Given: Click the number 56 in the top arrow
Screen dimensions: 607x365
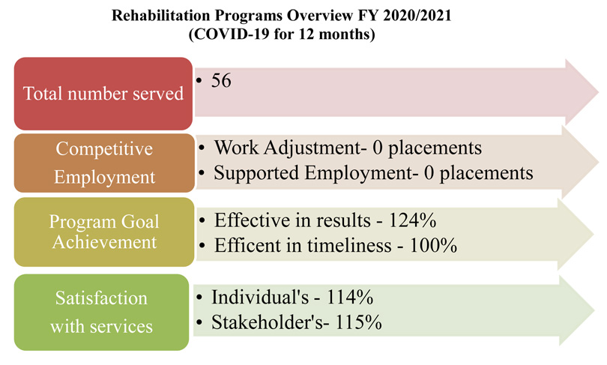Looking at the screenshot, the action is pos(221,80).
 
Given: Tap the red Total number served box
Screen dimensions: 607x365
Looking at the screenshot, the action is pos(103,94).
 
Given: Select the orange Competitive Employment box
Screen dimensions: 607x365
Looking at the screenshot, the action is pos(104,163).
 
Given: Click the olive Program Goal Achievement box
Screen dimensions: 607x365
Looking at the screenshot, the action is pos(104,232).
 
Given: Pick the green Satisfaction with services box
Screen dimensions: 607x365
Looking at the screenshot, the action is pos(101,312).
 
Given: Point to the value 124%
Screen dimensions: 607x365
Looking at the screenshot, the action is pos(412,220).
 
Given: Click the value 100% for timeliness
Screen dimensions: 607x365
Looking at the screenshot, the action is pos(433,245).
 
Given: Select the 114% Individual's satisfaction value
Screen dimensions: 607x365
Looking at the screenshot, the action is pos(350,298).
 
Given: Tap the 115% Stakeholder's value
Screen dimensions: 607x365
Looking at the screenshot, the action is pos(358,322).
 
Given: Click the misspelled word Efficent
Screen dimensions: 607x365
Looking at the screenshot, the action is pos(247,245).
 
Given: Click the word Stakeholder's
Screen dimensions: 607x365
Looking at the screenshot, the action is pos(267,322).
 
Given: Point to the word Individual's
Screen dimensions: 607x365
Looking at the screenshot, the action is pos(260,298).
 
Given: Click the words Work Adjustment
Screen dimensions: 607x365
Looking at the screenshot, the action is pos(288,148).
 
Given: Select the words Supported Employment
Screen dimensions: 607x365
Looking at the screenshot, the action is pos(312,172).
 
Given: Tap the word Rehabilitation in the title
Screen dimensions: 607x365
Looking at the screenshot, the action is pos(161,16).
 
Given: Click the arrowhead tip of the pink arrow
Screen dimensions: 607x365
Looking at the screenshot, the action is pos(598,92).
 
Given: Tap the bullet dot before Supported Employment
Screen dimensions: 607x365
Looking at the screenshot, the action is pos(202,173).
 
